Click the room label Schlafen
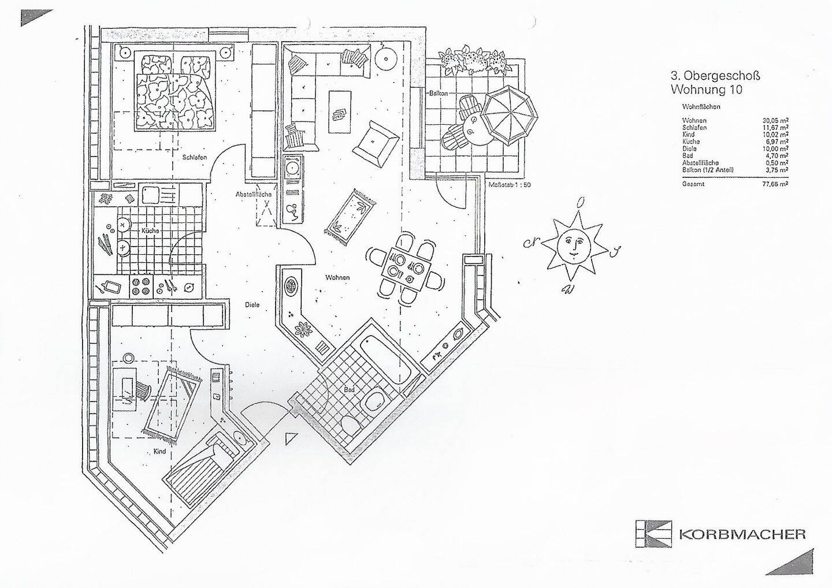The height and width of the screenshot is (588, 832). [x=194, y=157]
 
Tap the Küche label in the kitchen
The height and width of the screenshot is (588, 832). [x=150, y=230]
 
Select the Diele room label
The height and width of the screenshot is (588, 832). [x=252, y=304]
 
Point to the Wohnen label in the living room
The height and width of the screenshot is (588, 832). [x=337, y=278]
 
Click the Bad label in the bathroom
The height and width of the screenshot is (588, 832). [x=349, y=390]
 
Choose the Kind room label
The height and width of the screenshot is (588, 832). [x=159, y=451]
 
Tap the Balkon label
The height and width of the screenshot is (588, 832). [x=439, y=94]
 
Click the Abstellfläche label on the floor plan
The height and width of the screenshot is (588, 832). [x=253, y=195]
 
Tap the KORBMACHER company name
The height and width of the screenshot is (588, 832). [x=742, y=534]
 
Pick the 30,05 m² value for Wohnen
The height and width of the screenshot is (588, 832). [x=775, y=121]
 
